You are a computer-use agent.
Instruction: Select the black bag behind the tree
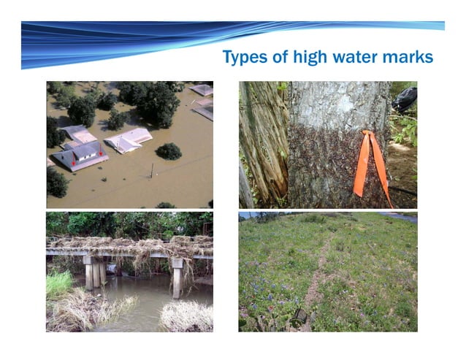(405, 99)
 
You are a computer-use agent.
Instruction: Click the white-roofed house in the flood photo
(129, 139)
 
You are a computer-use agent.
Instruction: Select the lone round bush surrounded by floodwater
(169, 151)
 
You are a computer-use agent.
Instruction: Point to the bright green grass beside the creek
(59, 283)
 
